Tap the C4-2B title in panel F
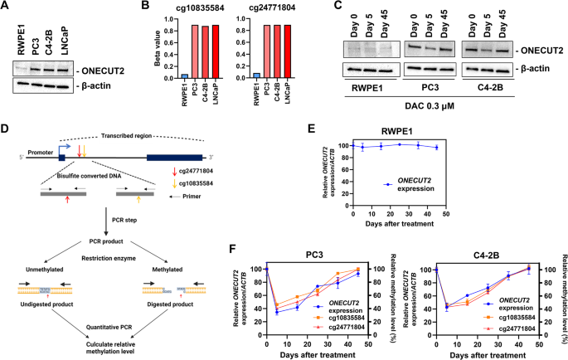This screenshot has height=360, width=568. point(478,256)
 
